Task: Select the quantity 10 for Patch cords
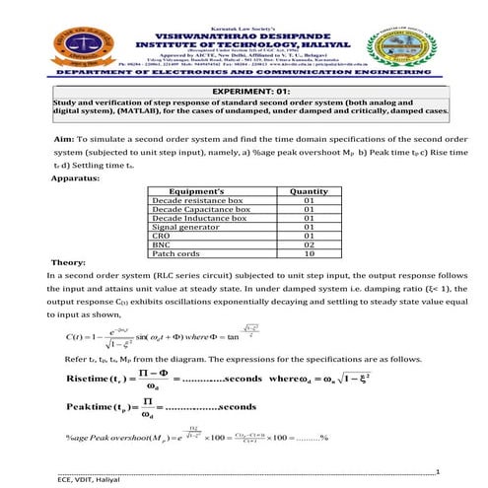click(309, 255)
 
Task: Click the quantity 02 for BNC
click(309, 246)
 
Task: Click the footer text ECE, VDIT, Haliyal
click(95, 478)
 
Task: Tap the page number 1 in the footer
click(449, 470)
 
